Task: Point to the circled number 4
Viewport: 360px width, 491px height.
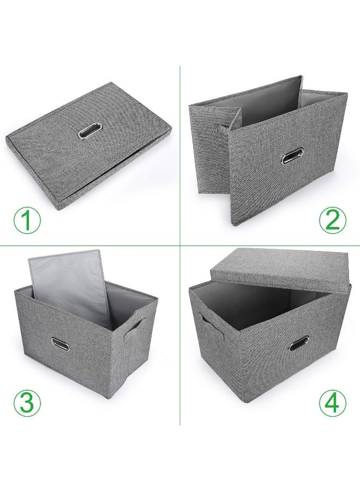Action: [x=332, y=402]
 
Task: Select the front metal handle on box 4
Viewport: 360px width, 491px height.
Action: [x=299, y=343]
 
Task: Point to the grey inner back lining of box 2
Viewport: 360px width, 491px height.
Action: [x=273, y=104]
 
